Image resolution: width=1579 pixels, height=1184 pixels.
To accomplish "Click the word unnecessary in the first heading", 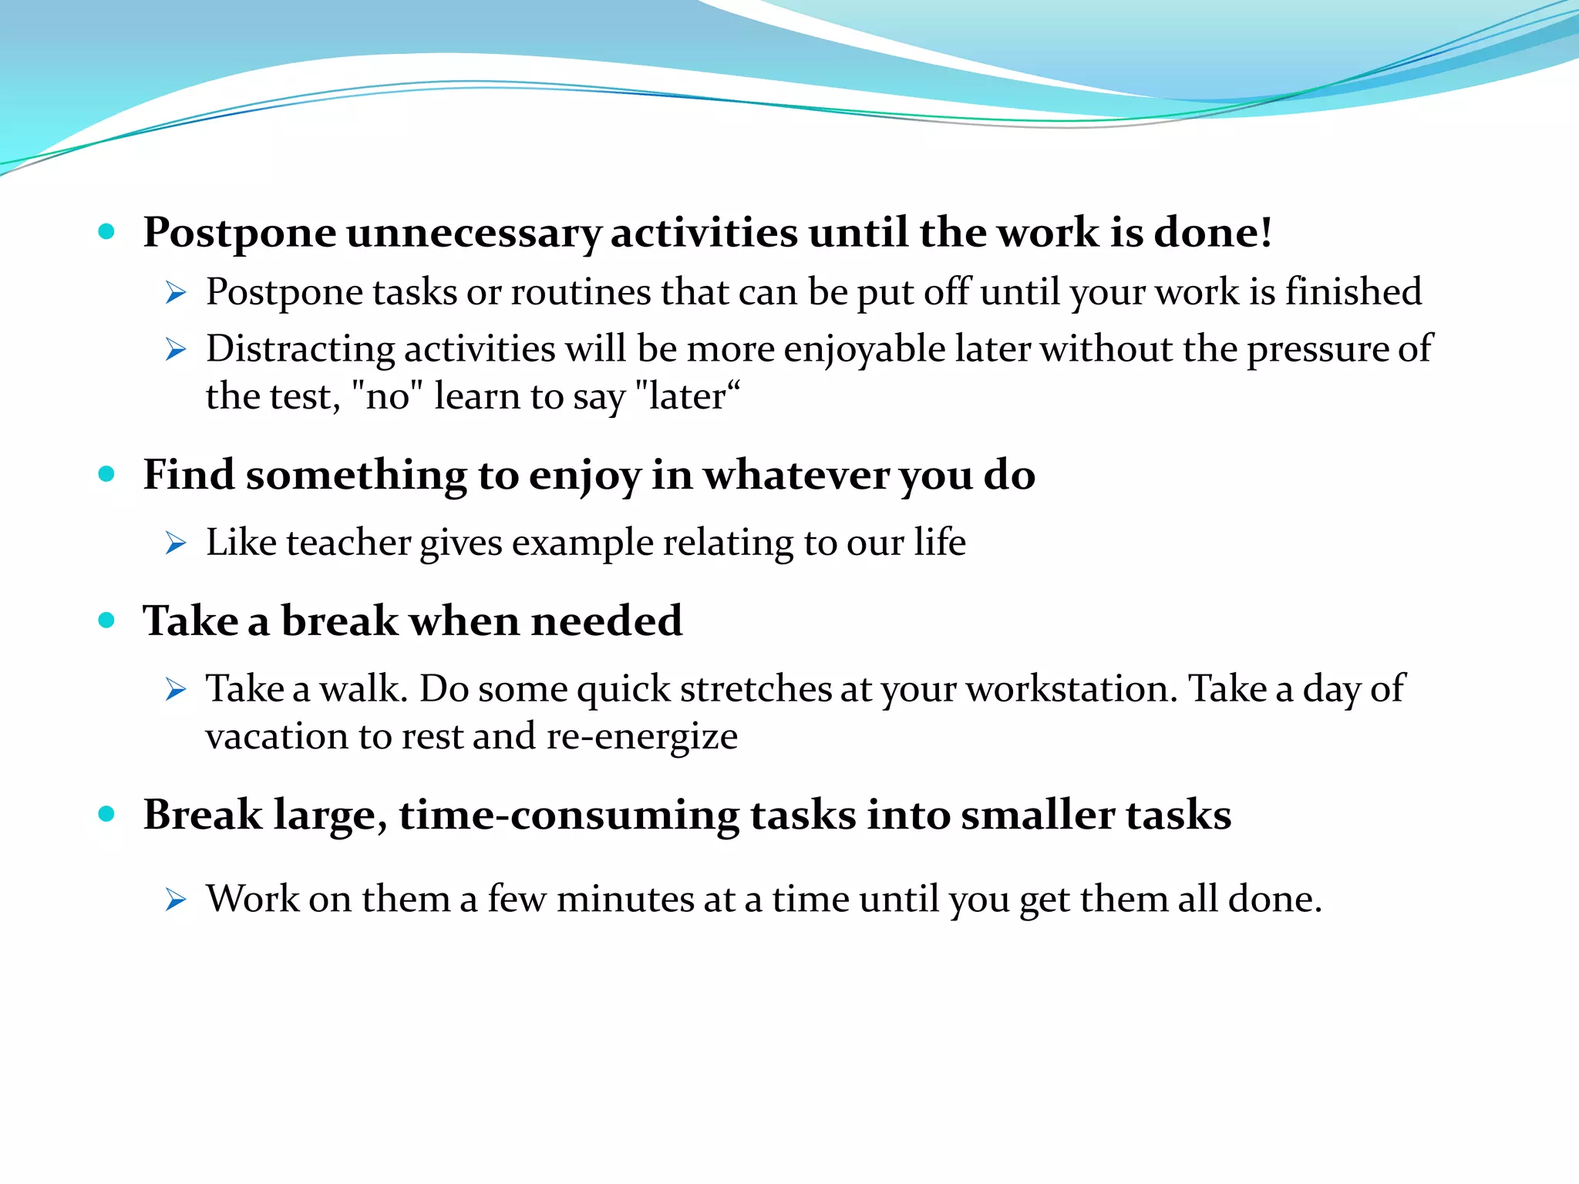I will click(x=473, y=233).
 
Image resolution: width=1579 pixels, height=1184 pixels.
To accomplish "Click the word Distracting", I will click(x=300, y=349).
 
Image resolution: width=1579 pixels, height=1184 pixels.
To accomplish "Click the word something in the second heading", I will click(x=356, y=475).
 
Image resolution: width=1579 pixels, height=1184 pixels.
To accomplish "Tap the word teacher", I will click(x=348, y=543).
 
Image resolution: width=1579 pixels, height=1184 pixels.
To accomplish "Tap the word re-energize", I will click(x=641, y=737).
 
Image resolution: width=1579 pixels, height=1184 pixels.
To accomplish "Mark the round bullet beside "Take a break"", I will click(x=107, y=621).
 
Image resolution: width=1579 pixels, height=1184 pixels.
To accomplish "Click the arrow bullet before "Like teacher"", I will click(x=176, y=543).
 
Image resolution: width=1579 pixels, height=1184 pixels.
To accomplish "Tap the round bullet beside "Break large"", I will click(x=107, y=814).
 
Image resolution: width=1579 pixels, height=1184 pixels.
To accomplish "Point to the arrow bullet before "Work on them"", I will click(x=176, y=900).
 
